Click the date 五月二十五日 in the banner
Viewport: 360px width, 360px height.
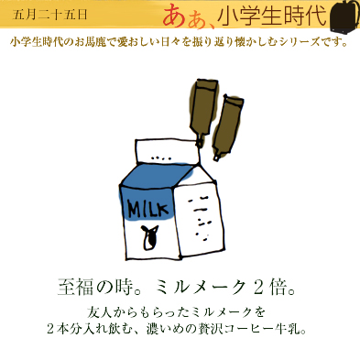click(50, 15)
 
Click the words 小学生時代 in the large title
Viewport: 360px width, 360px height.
click(272, 16)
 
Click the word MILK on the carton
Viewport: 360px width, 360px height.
click(147, 208)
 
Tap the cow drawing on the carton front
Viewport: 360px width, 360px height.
click(148, 236)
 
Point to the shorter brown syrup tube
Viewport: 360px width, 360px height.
click(226, 127)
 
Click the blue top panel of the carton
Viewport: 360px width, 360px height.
click(157, 176)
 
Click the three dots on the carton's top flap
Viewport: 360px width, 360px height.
click(161, 158)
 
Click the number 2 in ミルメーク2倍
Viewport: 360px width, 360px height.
click(258, 288)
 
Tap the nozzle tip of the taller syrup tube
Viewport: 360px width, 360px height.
click(200, 145)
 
